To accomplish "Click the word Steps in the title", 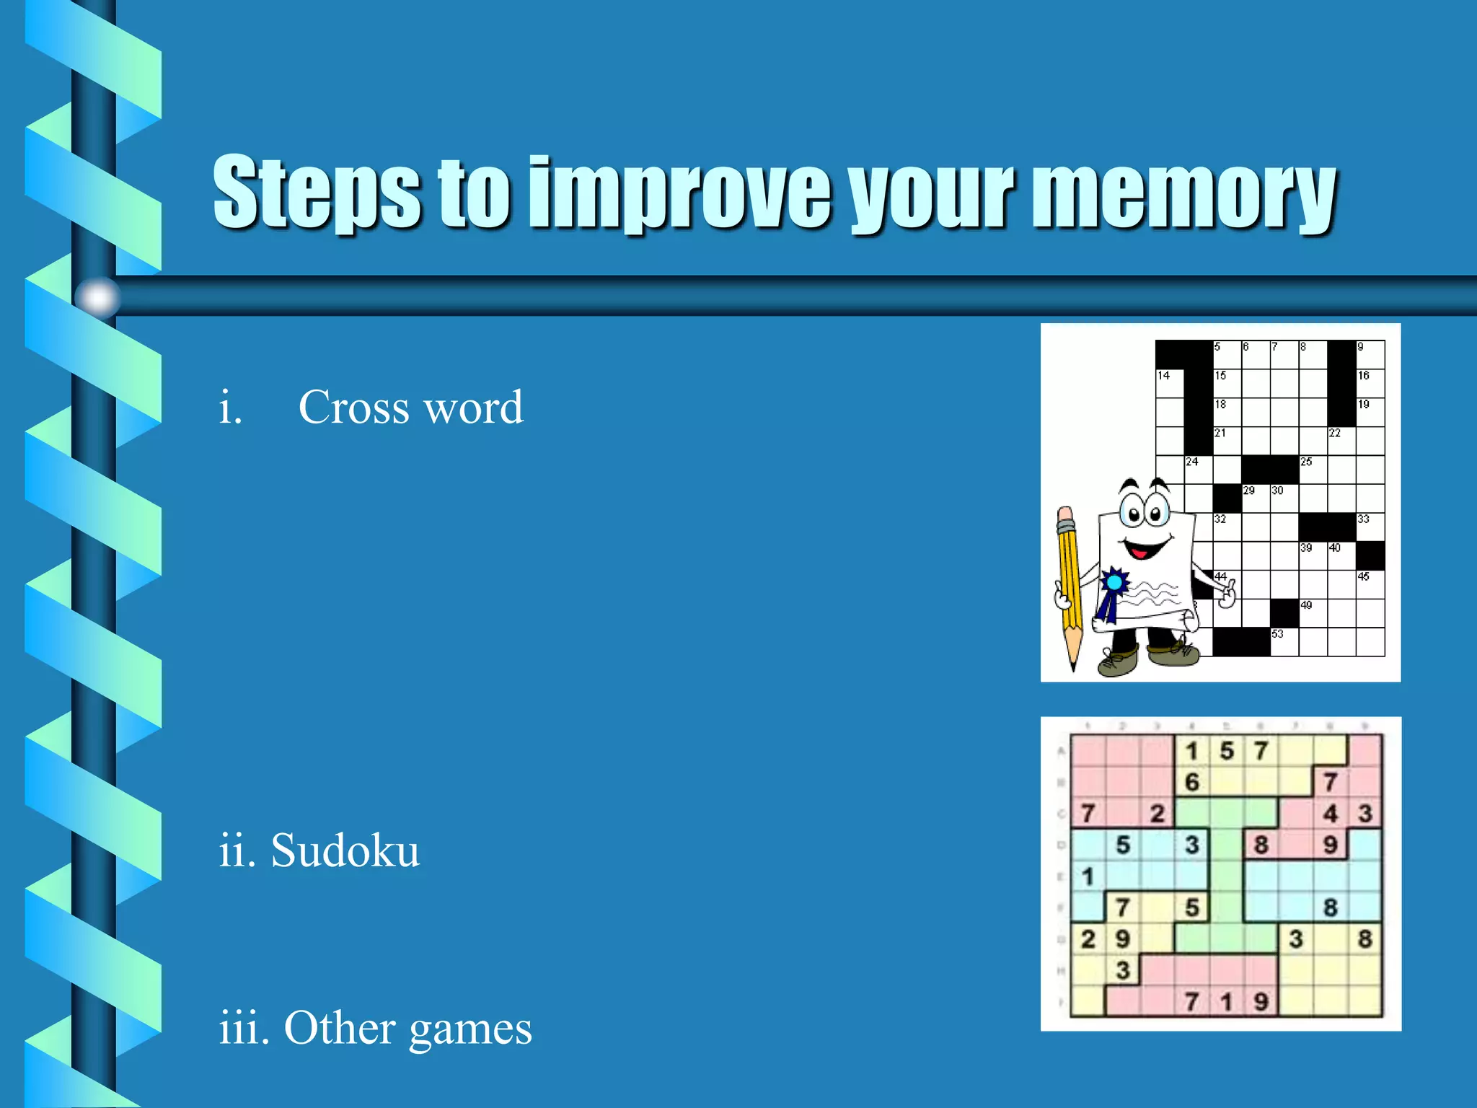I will (316, 191).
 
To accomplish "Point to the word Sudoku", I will (345, 850).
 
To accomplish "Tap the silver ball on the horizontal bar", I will (98, 296).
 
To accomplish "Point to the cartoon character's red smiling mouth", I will (1142, 550).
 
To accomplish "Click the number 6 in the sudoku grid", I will (1192, 782).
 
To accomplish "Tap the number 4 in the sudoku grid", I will (1331, 814).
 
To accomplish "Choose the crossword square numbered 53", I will (1284, 642).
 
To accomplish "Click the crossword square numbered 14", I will (1170, 384).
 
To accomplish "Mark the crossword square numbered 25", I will (1313, 470).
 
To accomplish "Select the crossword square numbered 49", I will (1313, 613).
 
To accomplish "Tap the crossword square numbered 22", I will (1341, 441).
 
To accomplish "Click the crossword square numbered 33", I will (1370, 527).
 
